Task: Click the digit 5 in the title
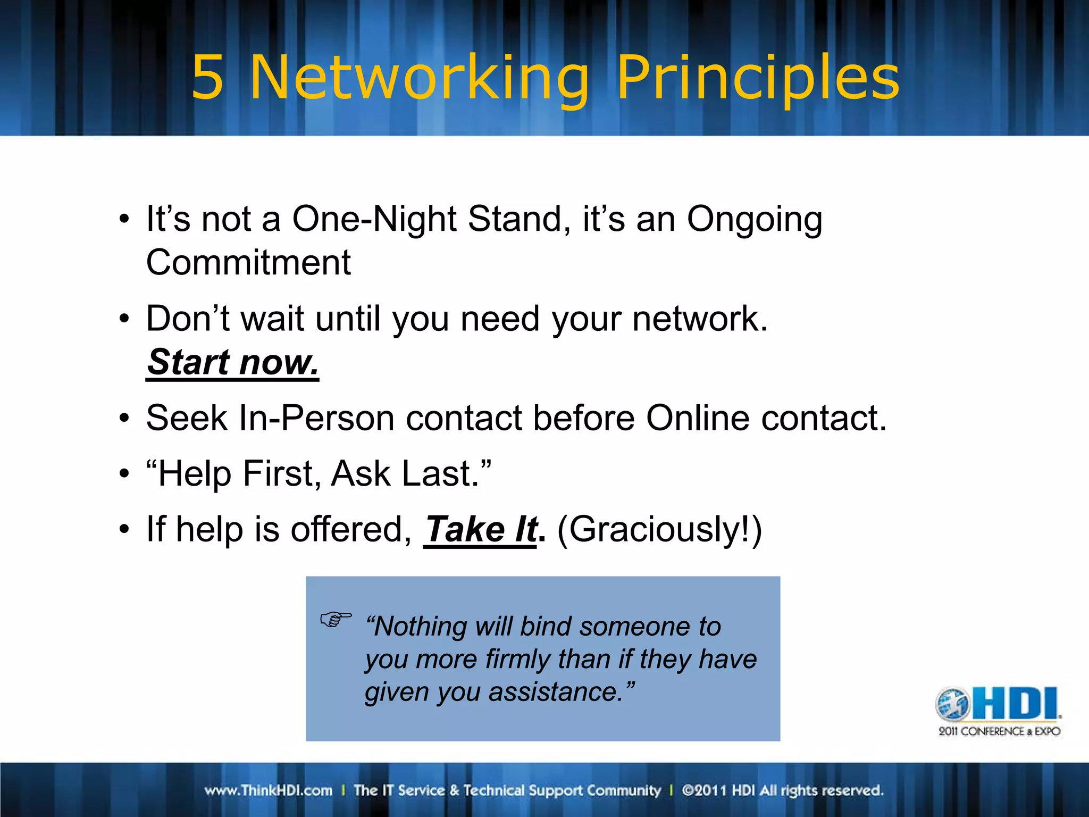207,78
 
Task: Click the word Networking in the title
419,78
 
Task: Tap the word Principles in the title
758,78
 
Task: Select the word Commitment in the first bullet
248,263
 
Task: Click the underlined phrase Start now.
232,362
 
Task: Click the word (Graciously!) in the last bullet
659,530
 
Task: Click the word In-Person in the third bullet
316,418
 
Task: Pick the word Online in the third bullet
698,418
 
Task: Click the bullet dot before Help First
124,473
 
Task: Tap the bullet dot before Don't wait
124,319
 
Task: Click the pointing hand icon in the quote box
336,619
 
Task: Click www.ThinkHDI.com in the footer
269,790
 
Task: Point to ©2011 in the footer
704,790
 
